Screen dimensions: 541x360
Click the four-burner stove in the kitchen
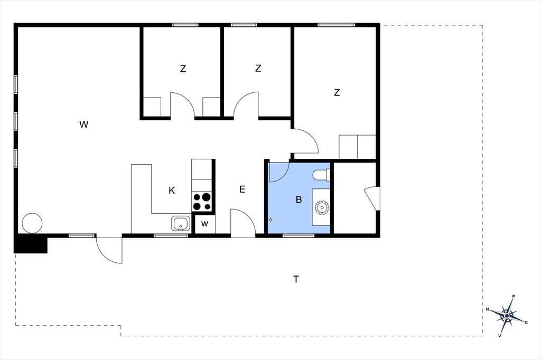[202, 202]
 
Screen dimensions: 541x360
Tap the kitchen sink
[181, 224]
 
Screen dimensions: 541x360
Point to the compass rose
[507, 316]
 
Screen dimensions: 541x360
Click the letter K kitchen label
[172, 191]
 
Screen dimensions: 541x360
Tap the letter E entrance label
[242, 189]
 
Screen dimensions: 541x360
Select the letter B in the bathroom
[299, 200]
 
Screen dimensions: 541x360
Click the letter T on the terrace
[296, 279]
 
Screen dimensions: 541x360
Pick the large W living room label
[84, 125]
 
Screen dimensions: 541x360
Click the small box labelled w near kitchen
[204, 224]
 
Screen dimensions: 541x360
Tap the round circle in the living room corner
[32, 223]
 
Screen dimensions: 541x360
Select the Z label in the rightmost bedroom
[337, 92]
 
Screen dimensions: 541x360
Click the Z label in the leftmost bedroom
[183, 69]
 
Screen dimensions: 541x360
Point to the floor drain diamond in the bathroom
[270, 220]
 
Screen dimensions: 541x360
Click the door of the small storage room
[372, 198]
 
